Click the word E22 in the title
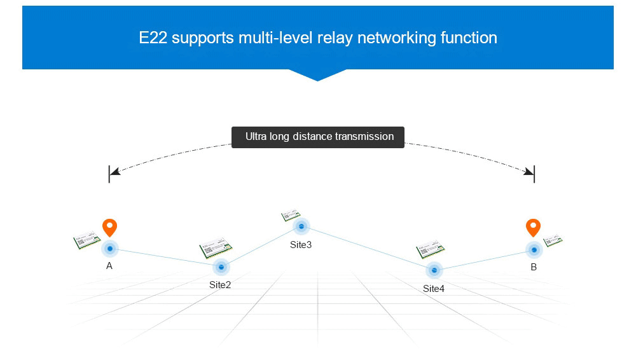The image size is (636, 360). point(153,38)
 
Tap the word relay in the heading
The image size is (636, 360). point(333,38)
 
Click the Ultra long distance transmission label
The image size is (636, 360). point(318,137)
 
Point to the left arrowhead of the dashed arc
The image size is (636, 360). point(114,172)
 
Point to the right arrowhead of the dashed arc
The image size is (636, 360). point(529,172)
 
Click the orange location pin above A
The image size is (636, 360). point(110,227)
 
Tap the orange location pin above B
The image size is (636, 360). point(533,227)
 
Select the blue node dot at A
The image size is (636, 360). point(110,248)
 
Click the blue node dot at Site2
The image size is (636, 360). point(221,267)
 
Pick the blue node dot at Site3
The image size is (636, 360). point(301,226)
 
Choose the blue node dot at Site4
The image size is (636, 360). point(434,270)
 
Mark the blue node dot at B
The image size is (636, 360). point(533,249)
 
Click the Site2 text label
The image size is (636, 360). point(220,285)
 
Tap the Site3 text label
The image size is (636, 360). point(301,245)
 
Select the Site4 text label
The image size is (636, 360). point(434,289)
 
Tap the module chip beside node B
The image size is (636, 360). point(554,241)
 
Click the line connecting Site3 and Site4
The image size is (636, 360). point(368,248)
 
